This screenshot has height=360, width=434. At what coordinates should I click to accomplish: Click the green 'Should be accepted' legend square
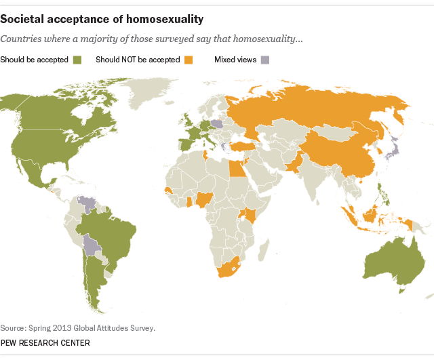point(77,60)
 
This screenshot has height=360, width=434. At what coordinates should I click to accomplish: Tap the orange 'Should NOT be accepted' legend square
point(186,60)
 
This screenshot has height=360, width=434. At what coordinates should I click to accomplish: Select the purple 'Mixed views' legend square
point(264,60)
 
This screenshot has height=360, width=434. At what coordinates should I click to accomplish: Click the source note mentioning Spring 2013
point(78,327)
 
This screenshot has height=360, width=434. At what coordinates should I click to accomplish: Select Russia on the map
point(319,108)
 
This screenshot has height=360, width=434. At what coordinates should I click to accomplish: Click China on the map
point(339,153)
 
